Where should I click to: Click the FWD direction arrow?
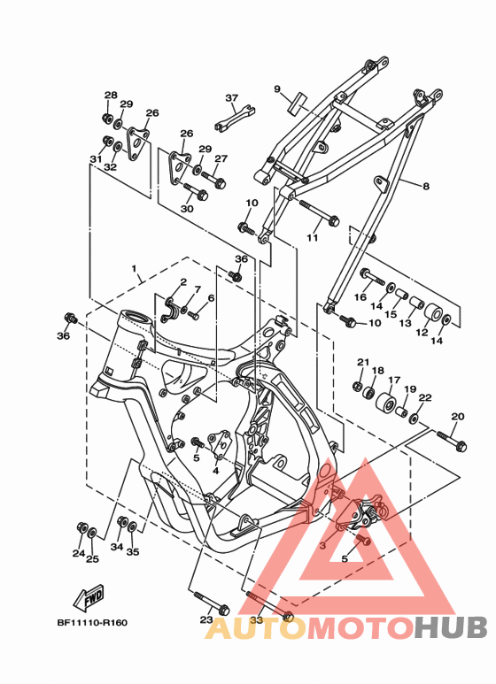pos(89,597)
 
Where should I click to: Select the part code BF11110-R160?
pos(93,622)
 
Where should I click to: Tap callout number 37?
pos(232,97)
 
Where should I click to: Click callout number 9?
pos(277,89)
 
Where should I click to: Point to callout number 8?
pos(426,187)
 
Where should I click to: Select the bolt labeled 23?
pos(212,602)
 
